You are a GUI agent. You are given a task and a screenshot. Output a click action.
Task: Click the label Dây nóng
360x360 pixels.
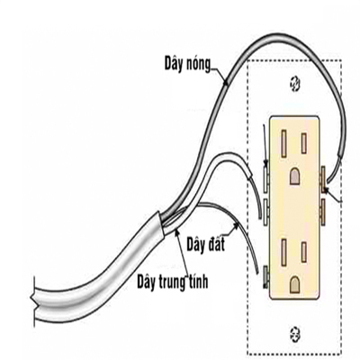click(187, 64)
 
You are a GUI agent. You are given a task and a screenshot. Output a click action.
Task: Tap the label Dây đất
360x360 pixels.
click(206, 244)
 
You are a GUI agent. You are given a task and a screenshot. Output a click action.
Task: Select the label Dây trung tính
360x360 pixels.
click(173, 282)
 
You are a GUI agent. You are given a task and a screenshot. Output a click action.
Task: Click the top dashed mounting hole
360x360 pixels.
click(294, 84)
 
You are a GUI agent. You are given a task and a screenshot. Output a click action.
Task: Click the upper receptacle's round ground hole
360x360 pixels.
click(295, 176)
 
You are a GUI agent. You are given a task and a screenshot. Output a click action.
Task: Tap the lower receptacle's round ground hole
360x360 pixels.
click(295, 284)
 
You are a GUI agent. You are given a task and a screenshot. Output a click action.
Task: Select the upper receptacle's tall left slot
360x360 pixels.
click(283, 143)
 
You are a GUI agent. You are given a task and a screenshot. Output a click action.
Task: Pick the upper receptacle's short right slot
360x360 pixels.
click(304, 143)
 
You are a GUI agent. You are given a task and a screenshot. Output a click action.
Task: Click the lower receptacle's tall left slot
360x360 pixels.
click(283, 251)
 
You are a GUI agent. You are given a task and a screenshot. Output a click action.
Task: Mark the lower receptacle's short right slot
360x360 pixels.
click(304, 252)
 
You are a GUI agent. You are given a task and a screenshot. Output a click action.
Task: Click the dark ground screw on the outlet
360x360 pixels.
click(265, 276)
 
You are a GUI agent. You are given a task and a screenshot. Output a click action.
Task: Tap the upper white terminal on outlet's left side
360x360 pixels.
click(265, 180)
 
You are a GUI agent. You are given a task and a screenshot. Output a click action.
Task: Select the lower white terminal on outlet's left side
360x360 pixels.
click(265, 211)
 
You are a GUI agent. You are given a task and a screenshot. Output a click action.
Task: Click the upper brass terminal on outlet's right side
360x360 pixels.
click(323, 180)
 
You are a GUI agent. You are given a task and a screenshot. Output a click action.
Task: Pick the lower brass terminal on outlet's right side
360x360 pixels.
click(323, 211)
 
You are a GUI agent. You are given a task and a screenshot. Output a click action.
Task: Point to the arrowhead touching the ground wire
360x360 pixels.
click(236, 227)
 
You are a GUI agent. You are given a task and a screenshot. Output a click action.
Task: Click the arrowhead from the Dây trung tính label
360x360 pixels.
click(177, 231)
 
